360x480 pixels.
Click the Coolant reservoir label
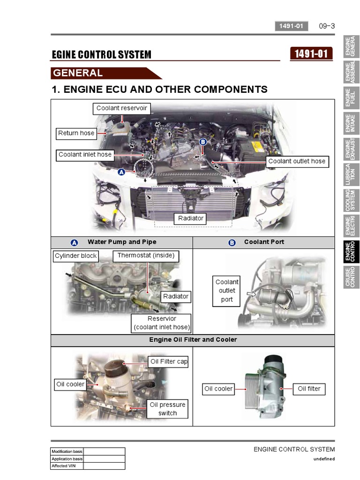point(121,108)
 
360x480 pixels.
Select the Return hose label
point(76,133)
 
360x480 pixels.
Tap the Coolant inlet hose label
point(85,155)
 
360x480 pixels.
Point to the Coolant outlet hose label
point(297,161)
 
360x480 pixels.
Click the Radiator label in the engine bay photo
point(191,218)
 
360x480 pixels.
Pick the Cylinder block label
point(75,256)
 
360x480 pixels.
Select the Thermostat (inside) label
point(146,256)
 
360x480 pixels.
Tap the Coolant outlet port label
point(227,291)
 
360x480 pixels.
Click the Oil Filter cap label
point(169,362)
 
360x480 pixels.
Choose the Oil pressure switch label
point(167,409)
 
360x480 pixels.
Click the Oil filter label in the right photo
point(309,389)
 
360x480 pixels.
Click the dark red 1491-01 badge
point(311,54)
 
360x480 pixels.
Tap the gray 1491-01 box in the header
point(291,26)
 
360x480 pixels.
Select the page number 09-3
point(327,26)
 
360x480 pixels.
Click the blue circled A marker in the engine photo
point(121,172)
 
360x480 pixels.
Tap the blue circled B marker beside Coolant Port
point(232,242)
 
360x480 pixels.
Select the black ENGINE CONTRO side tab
point(352,252)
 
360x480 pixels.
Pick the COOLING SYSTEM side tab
point(352,200)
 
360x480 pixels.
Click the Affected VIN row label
point(67,466)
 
